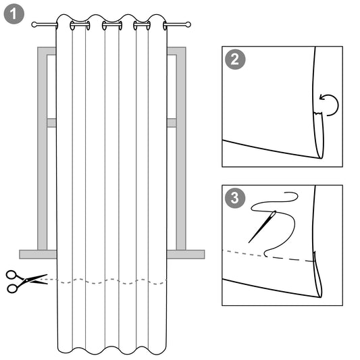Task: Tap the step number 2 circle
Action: point(234,59)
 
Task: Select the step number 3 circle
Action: point(234,198)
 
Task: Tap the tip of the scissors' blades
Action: point(47,276)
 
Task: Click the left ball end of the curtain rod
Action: point(35,25)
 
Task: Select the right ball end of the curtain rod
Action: point(188,25)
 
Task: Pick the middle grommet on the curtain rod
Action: point(112,26)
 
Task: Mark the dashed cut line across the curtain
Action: point(111,281)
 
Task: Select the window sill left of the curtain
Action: point(38,254)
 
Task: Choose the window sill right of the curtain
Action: point(185,254)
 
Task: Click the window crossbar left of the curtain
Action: point(51,123)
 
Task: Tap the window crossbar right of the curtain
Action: point(172,123)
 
